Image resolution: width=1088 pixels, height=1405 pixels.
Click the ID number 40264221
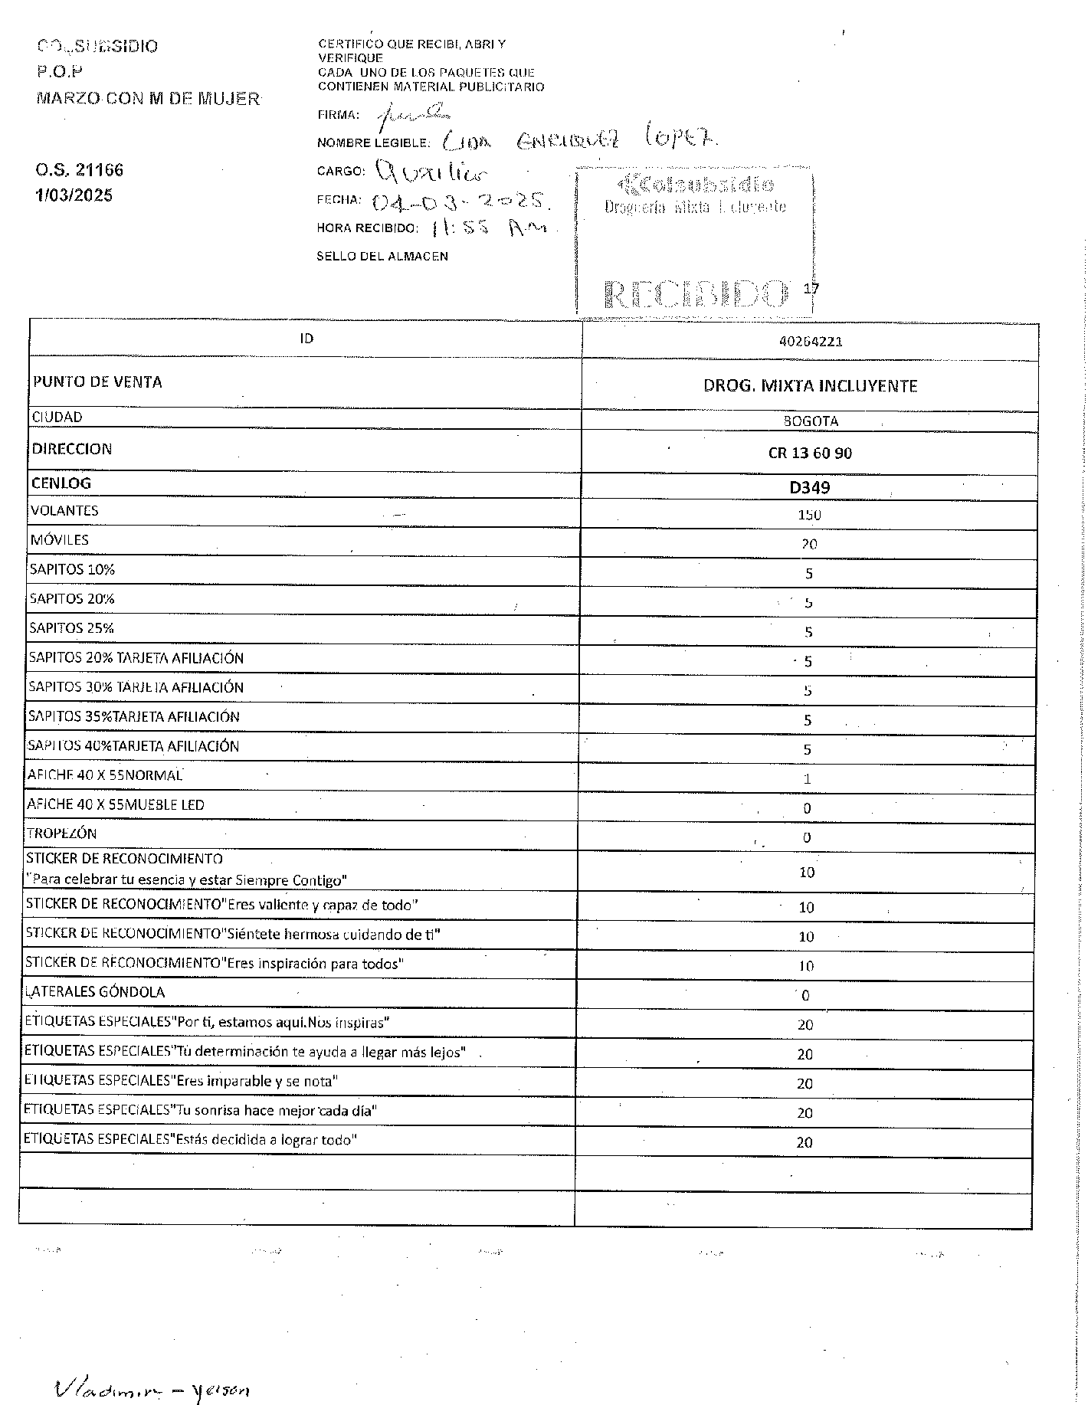pos(810,342)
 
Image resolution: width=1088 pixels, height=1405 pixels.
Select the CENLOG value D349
pos(810,487)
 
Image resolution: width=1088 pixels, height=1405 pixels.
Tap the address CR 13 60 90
pos(810,453)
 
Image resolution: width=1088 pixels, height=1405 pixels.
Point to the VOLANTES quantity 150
pos(809,515)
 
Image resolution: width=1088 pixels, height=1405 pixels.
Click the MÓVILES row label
pos(60,540)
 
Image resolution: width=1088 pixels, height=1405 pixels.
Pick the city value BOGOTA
pos(811,421)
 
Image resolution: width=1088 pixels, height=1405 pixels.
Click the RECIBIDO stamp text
pos(696,293)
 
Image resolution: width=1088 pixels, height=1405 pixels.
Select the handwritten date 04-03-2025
pos(461,202)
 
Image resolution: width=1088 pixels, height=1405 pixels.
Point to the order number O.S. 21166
pos(80,170)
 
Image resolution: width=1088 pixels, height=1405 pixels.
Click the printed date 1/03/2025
pos(74,195)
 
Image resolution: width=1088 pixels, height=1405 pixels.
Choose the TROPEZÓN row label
pos(62,834)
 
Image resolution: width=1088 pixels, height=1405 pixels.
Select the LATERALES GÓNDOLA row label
pos(95,992)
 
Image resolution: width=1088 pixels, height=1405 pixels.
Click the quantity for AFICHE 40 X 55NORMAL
pos(807,779)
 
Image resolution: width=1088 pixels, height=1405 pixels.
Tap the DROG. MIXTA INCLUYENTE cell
pos(810,386)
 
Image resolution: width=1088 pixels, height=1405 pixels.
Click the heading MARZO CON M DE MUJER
pos(148,99)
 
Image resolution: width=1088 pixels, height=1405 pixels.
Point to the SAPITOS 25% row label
pos(72,628)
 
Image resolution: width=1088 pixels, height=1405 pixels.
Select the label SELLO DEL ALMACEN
pos(382,256)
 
